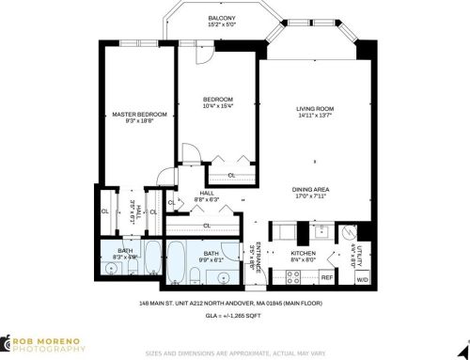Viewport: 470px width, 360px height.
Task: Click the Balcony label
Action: click(222, 18)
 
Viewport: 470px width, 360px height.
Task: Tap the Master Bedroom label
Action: click(139, 115)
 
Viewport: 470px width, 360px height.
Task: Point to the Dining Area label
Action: click(317, 191)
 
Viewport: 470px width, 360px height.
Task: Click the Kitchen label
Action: click(303, 253)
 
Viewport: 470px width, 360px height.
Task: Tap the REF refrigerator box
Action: click(327, 277)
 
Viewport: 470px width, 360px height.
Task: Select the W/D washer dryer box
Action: click(361, 277)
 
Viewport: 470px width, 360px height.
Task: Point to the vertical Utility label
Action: click(356, 253)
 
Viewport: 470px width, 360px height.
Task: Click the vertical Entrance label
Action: click(257, 257)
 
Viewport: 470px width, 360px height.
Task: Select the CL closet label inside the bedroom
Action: click(231, 175)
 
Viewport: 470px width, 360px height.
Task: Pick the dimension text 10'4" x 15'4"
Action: click(218, 106)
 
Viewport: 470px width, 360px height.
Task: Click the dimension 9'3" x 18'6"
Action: click(139, 122)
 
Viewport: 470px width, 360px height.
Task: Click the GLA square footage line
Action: click(233, 316)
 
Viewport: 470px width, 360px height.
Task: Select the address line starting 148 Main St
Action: click(233, 305)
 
